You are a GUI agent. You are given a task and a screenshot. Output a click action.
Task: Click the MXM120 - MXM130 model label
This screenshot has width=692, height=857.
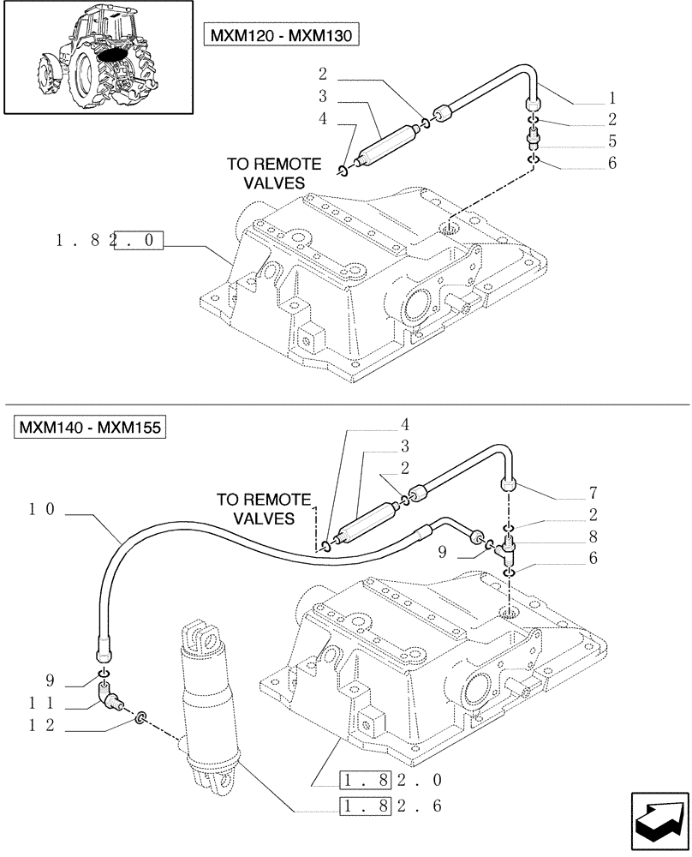click(x=281, y=34)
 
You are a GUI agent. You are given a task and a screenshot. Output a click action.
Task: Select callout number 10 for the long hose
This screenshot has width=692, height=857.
click(x=40, y=509)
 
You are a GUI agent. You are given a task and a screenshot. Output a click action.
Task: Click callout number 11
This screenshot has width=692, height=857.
click(x=40, y=703)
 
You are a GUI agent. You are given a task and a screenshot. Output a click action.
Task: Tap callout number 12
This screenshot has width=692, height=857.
click(x=40, y=725)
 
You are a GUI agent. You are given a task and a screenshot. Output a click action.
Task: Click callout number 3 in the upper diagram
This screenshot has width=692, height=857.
click(x=323, y=95)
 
